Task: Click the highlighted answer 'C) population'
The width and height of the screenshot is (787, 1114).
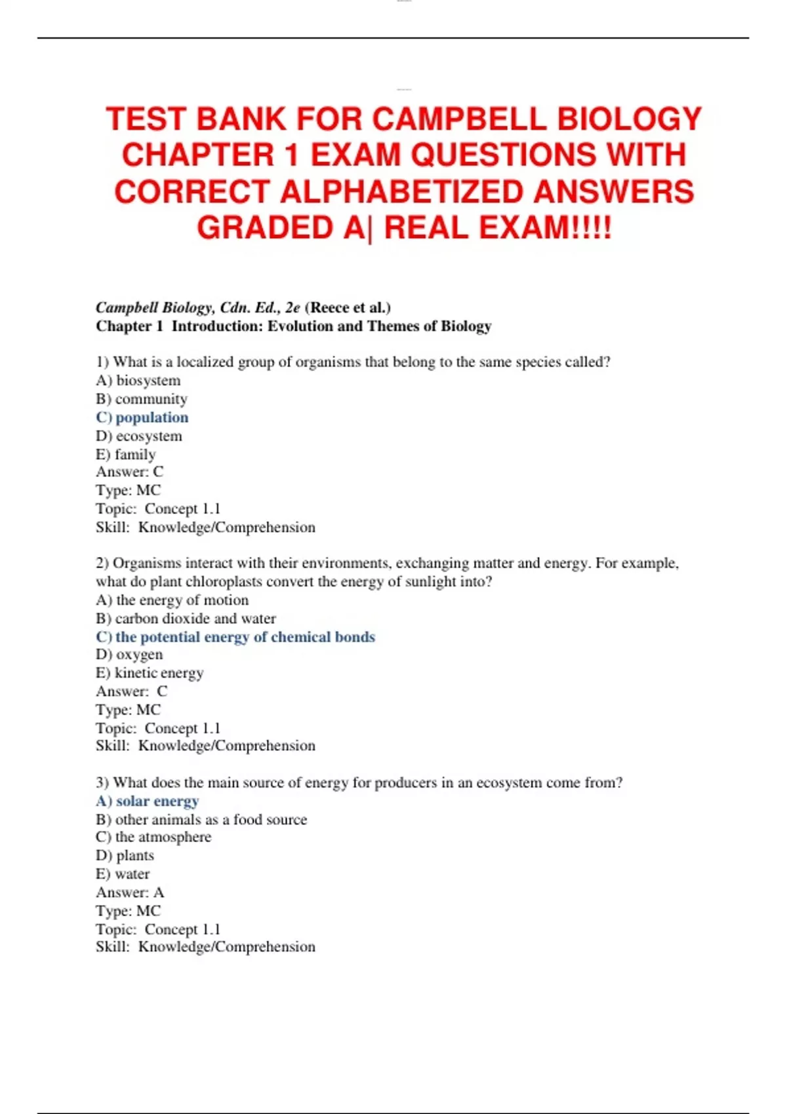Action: coord(142,417)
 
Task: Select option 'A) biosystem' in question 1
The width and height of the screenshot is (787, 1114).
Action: coord(138,381)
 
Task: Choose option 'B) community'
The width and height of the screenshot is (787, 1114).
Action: coord(142,399)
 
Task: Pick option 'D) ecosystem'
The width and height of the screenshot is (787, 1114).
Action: coord(139,436)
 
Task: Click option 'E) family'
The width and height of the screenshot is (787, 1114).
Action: coord(126,454)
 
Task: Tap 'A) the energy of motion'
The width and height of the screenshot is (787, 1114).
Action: coord(172,600)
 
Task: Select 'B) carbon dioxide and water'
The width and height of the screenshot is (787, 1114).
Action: coord(186,619)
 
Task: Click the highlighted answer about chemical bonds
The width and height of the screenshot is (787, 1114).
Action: coord(235,637)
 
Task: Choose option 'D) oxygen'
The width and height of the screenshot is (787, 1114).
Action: coord(129,655)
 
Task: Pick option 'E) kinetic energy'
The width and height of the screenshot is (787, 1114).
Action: coord(150,673)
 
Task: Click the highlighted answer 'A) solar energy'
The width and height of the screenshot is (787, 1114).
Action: coord(147,801)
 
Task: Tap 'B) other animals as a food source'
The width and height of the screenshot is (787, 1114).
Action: coord(201,819)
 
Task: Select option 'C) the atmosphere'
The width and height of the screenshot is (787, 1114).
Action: coord(153,837)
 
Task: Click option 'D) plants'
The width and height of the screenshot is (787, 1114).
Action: coord(125,855)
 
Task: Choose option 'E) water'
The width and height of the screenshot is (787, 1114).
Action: coord(123,874)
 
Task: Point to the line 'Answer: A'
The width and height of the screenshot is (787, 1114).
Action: coord(130,892)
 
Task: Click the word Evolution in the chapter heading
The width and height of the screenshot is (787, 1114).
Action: coord(300,326)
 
